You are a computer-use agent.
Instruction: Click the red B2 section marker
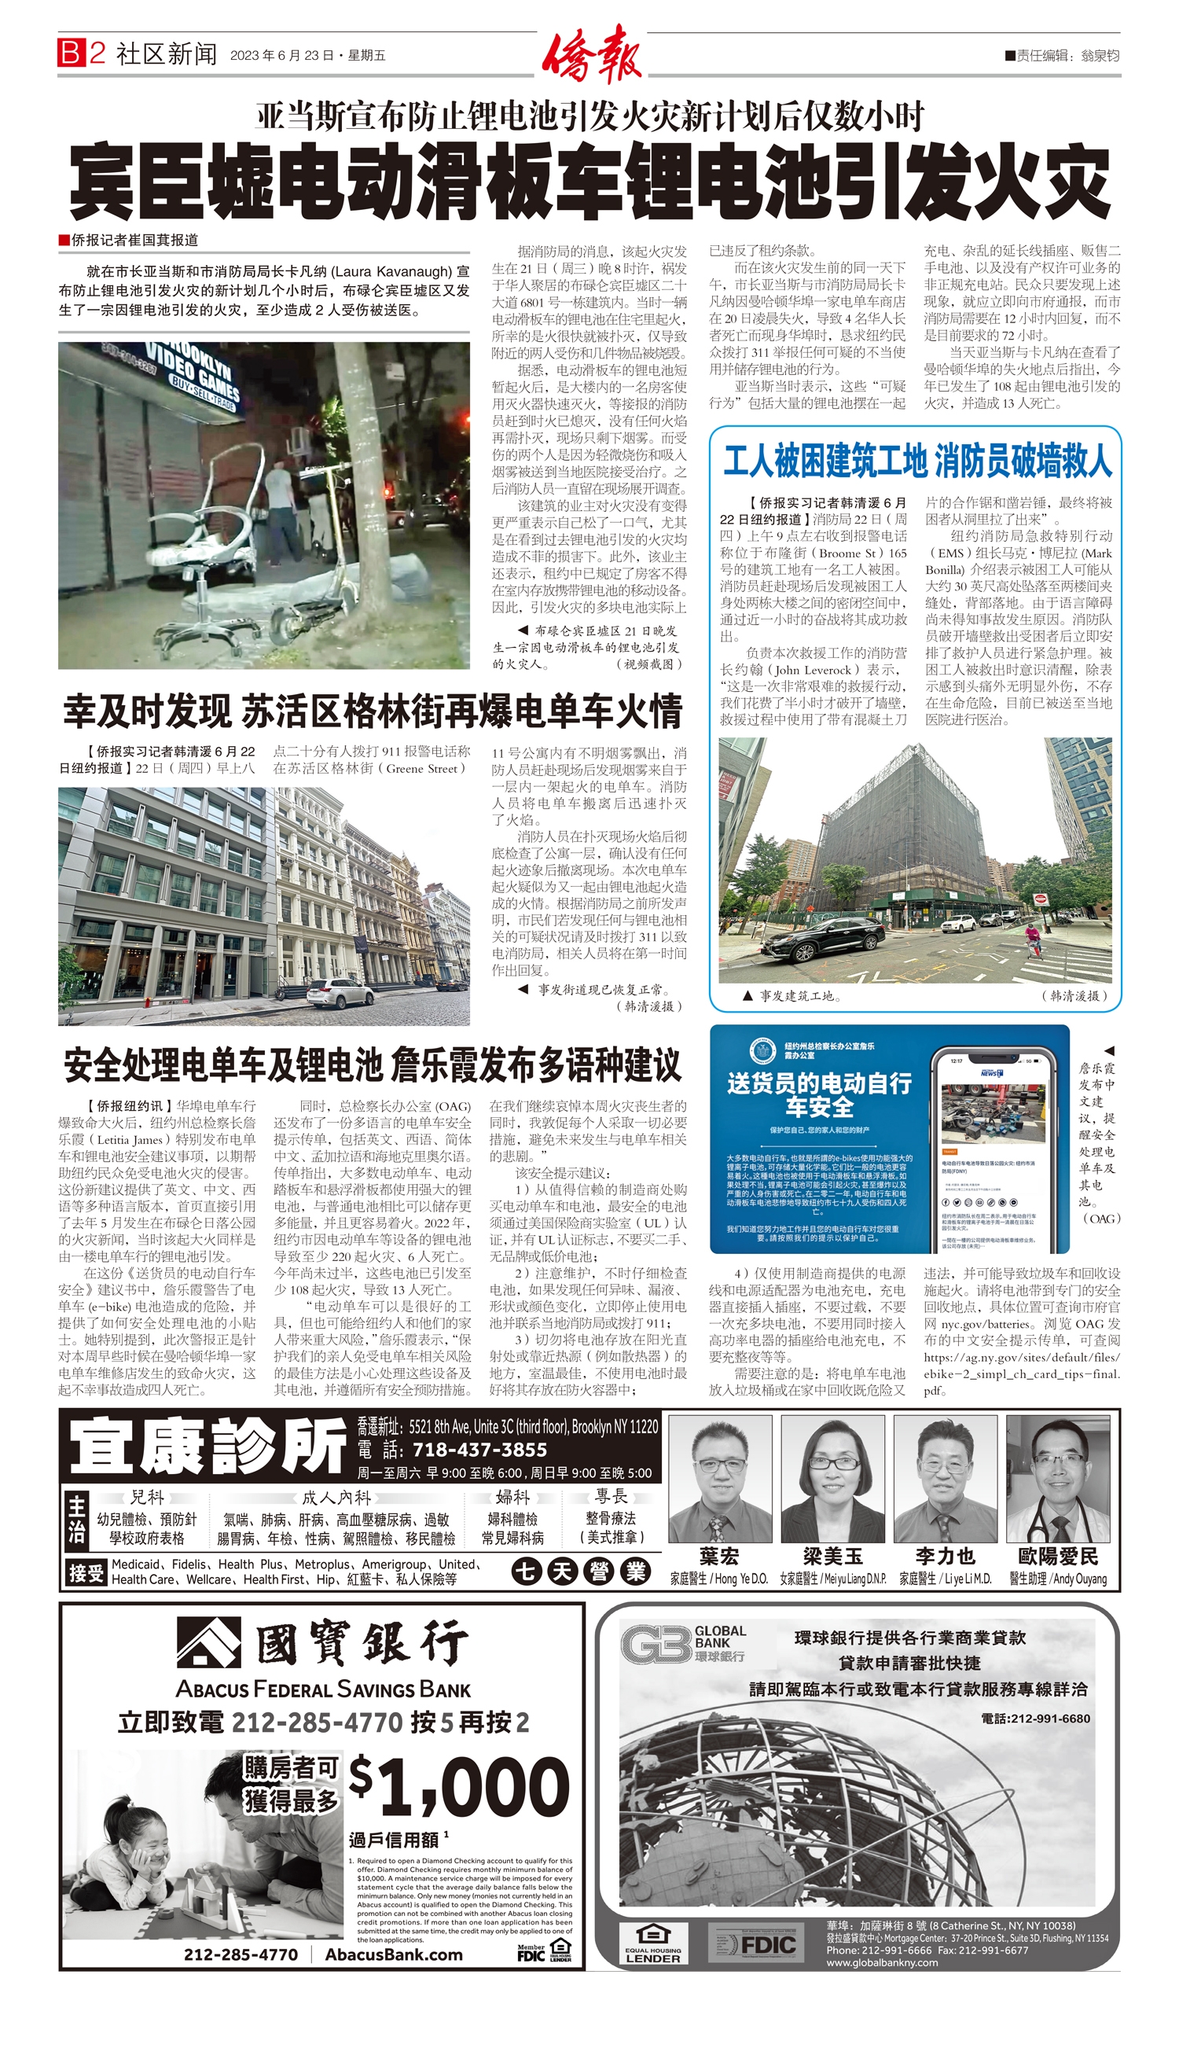pos(82,53)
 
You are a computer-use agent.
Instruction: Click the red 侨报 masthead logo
pos(592,55)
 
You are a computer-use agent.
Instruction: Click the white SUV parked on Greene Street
pos(340,994)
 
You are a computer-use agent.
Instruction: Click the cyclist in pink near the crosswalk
pos(1033,943)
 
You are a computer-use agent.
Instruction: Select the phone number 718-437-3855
pos(479,1451)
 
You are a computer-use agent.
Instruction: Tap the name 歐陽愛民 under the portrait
pos(1057,1556)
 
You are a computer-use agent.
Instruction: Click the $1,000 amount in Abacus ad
pos(460,1787)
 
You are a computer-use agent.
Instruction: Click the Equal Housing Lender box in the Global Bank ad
pos(652,1945)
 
